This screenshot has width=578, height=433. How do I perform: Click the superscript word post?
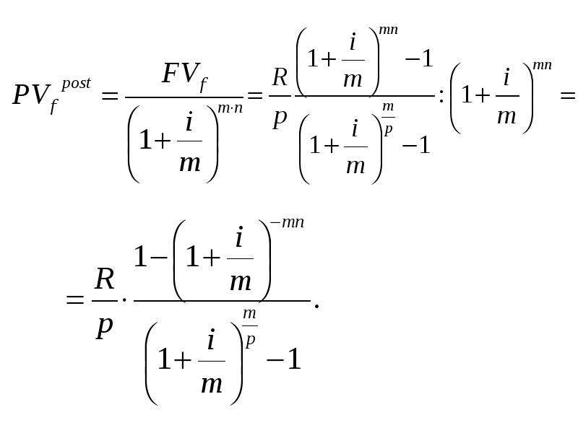pos(76,84)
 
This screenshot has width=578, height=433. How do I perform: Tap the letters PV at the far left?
pos(30,95)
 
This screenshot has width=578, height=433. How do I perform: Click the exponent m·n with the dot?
pos(230,109)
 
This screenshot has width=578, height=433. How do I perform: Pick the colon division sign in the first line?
pos(441,97)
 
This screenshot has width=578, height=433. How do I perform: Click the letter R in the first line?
pos(280,77)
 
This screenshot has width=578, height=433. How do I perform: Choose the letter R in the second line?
pos(104,279)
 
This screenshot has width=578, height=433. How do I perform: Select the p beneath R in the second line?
pos(104,327)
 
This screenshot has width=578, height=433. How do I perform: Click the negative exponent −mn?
pos(287,223)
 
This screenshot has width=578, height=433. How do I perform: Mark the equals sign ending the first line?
pos(568,96)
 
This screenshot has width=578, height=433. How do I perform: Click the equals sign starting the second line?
pos(75,299)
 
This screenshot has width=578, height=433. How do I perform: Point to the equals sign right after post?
pos(110,97)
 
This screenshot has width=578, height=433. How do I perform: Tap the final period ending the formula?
pos(316,305)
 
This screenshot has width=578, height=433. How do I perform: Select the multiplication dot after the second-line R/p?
pos(124,300)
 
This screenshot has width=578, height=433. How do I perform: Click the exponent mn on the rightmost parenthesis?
pos(542,65)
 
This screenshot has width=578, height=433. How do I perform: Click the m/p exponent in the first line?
pos(388,118)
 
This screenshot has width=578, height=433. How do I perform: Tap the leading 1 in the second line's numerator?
pos(139,257)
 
